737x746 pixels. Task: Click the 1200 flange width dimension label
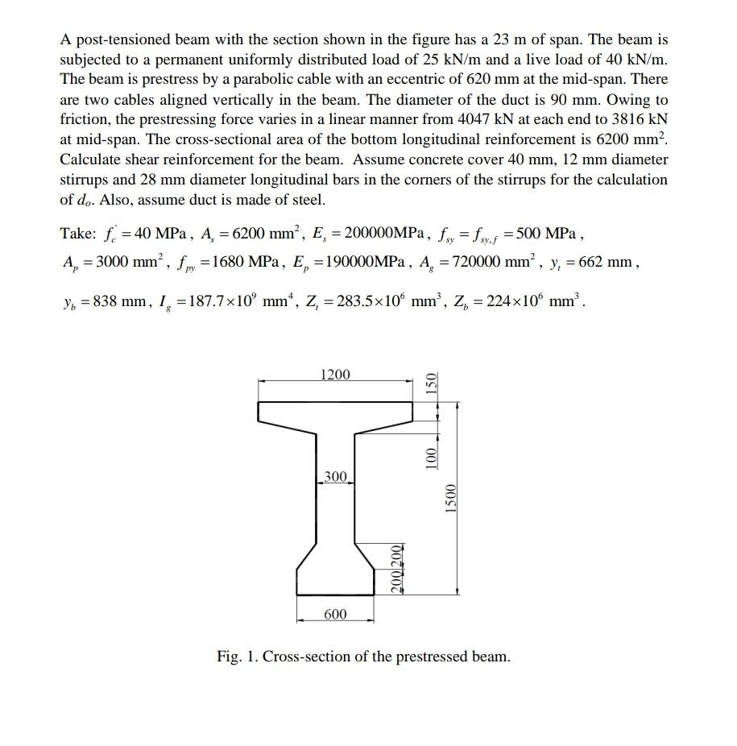335,375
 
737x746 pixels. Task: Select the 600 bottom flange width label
335,615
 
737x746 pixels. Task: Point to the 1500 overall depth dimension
451,499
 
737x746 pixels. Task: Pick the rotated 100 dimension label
431,457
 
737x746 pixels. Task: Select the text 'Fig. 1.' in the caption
238,657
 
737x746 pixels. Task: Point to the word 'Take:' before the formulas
78,234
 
